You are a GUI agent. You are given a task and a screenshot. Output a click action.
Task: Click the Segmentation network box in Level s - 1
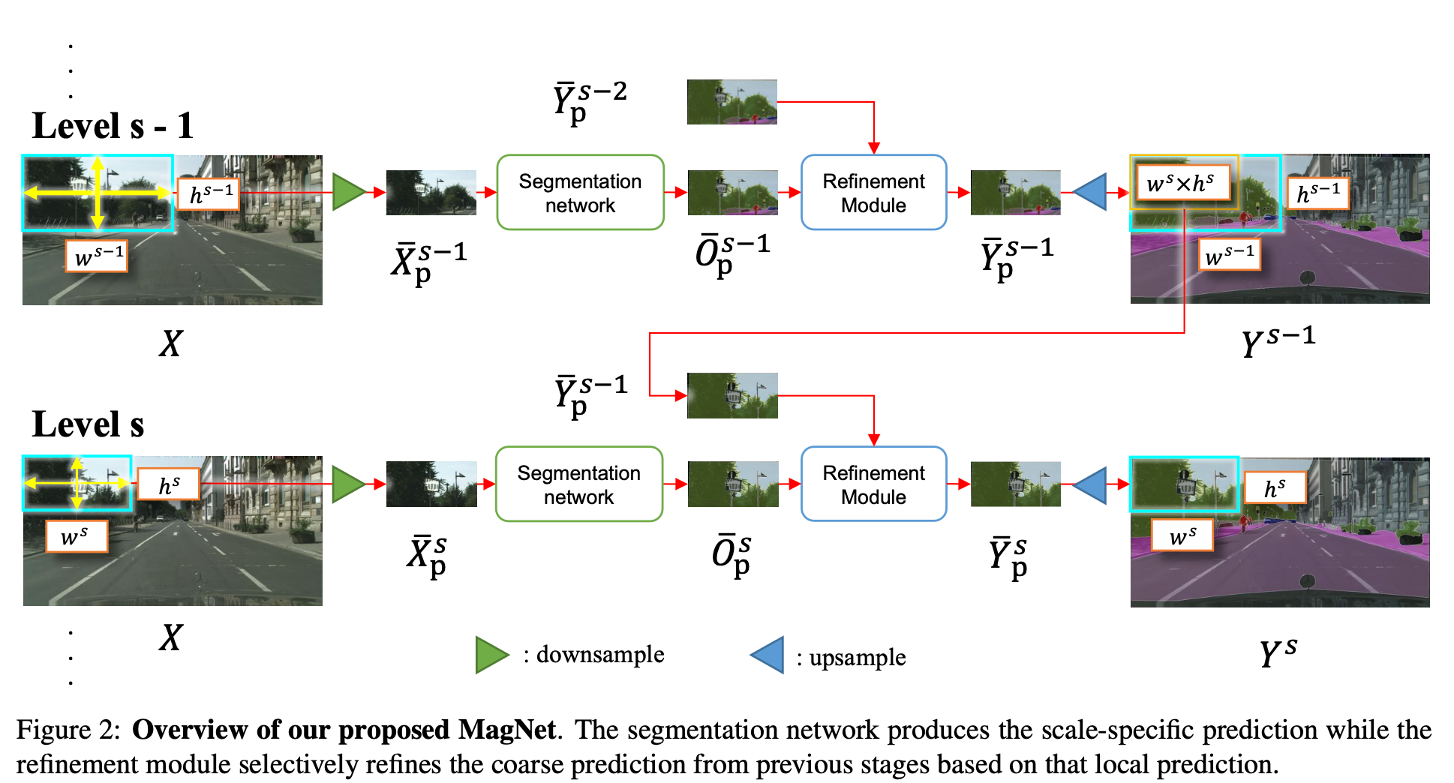point(580,193)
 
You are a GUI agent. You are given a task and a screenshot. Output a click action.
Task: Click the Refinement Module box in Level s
point(873,484)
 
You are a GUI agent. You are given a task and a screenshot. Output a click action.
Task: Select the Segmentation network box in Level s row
point(578,484)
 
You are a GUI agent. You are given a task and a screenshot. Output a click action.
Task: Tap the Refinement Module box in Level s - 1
point(873,193)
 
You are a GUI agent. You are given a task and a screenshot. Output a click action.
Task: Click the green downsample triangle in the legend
point(491,655)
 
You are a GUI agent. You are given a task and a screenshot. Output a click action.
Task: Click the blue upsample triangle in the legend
point(769,655)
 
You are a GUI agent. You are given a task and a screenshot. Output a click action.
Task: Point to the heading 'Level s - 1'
point(113,126)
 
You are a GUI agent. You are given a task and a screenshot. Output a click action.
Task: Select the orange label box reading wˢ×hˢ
point(1180,183)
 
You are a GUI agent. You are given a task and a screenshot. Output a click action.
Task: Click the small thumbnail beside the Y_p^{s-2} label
point(732,102)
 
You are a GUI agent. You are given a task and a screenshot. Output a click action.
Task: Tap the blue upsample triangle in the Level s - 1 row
point(1091,192)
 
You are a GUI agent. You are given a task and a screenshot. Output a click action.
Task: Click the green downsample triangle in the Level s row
point(347,484)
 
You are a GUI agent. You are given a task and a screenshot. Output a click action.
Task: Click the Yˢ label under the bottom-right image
point(1278,652)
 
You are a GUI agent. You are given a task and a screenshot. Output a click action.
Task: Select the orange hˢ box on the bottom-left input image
point(169,485)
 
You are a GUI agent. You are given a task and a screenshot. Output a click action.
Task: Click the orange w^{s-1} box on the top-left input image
point(97,256)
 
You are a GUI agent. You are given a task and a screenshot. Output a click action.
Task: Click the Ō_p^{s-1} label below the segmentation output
point(732,255)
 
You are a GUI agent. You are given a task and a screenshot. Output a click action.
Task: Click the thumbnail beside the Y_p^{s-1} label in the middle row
point(732,395)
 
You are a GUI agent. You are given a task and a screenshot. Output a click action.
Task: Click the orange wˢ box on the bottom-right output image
point(1182,536)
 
